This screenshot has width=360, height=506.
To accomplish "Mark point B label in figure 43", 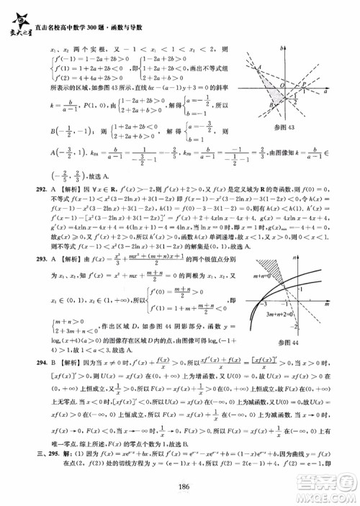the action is coord(272,105).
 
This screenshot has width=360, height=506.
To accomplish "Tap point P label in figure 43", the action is coord(303,83).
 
